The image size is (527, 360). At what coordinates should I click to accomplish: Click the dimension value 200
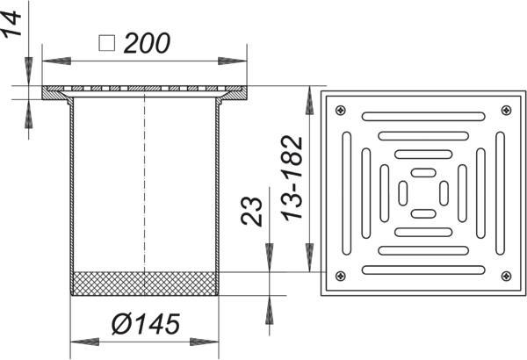tap(148, 43)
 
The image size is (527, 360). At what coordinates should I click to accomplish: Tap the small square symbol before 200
tap(107, 43)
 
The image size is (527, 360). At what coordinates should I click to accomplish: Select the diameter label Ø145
tap(146, 324)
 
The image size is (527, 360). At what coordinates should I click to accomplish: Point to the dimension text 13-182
tap(292, 178)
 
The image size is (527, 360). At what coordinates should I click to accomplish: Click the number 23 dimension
tap(251, 211)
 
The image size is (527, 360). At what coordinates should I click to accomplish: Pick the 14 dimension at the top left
tap(12, 23)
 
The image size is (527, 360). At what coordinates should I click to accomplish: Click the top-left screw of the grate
tap(341, 110)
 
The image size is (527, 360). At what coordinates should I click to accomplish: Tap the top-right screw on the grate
tap(506, 110)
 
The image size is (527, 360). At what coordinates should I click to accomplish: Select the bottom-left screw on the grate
tap(341, 276)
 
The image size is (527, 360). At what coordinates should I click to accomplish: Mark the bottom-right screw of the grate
tap(506, 276)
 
